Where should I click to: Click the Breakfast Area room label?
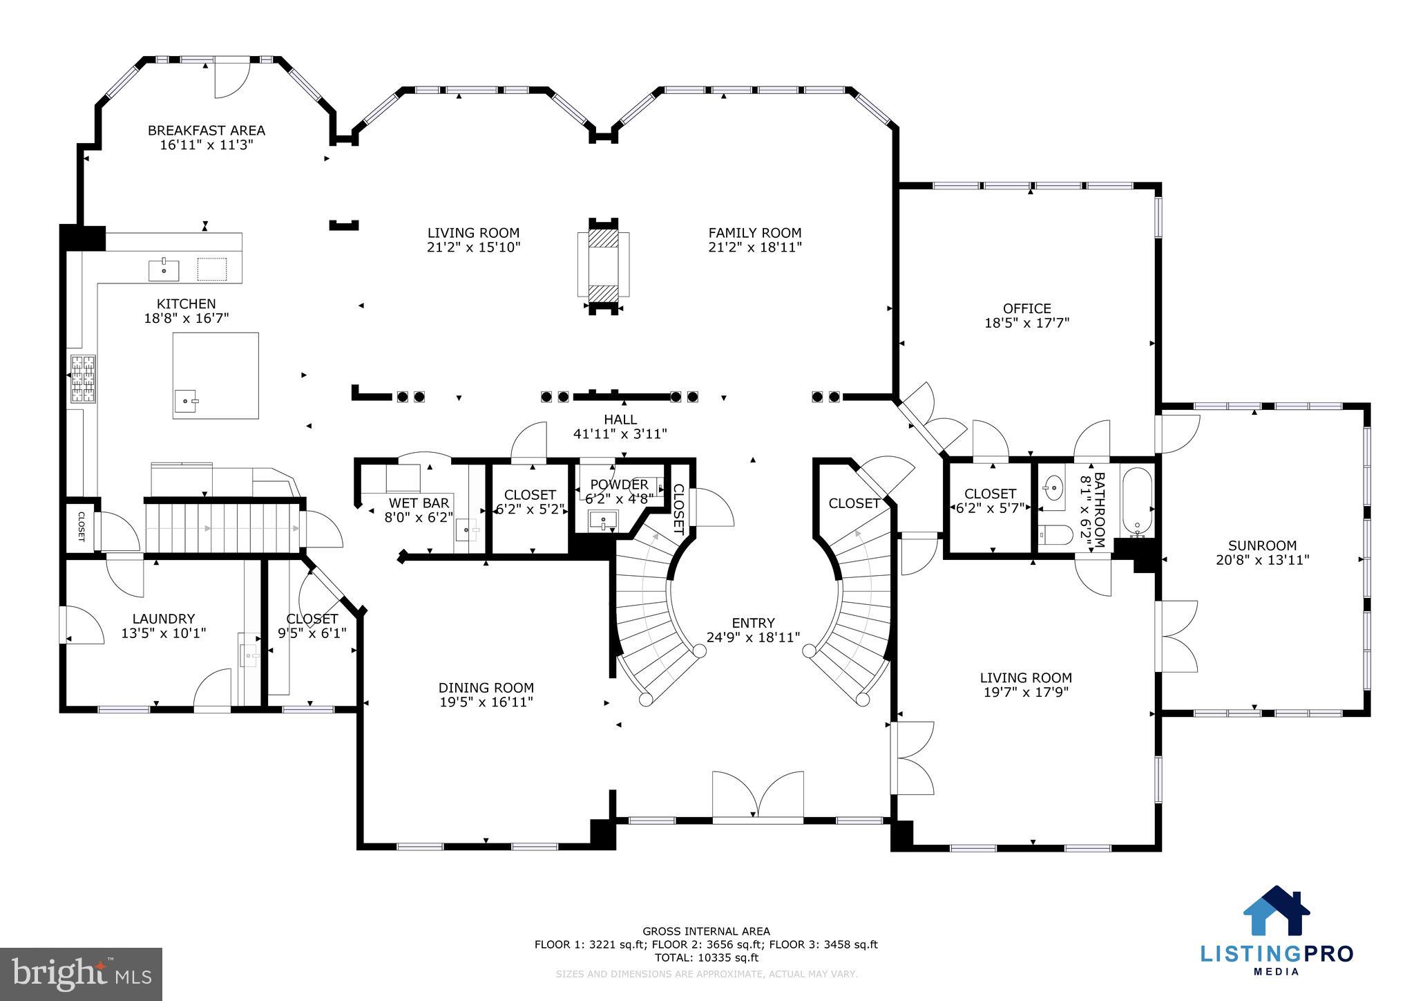pyautogui.click(x=206, y=131)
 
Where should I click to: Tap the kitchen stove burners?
pyautogui.click(x=84, y=378)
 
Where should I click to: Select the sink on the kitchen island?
pyautogui.click(x=186, y=400)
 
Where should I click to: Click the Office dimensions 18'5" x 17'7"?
pyautogui.click(x=1026, y=322)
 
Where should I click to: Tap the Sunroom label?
pyautogui.click(x=1262, y=545)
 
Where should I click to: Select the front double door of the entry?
pyautogui.click(x=758, y=798)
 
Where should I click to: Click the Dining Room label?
pyautogui.click(x=486, y=688)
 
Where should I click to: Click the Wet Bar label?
pyautogui.click(x=419, y=503)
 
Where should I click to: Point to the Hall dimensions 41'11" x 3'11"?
pyautogui.click(x=620, y=434)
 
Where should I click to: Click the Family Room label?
pyautogui.click(x=754, y=233)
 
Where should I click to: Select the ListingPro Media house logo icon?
pyautogui.click(x=1276, y=910)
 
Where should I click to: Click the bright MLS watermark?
pyautogui.click(x=82, y=974)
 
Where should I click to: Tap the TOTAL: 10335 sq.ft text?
pyautogui.click(x=706, y=957)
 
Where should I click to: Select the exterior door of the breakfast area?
pyautogui.click(x=230, y=78)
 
